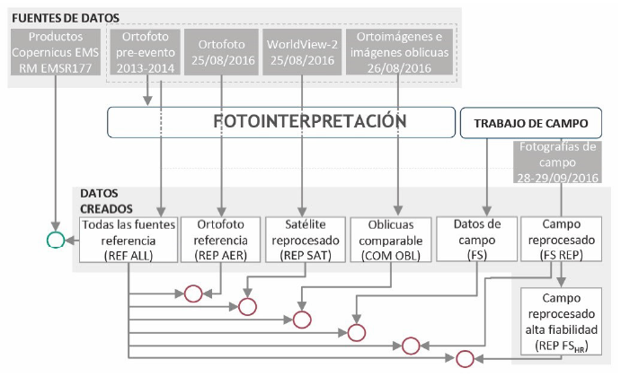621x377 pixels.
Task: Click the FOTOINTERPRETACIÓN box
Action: pyautogui.click(x=278, y=121)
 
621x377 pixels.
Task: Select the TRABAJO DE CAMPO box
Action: pyautogui.click(x=530, y=123)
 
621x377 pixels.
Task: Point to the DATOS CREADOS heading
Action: pyautogui.click(x=104, y=199)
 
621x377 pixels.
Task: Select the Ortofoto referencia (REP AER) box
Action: pyautogui.click(x=220, y=238)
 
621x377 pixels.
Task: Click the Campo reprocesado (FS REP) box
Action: pyautogui.click(x=563, y=238)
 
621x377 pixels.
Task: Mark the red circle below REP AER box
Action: pyautogui.click(x=193, y=293)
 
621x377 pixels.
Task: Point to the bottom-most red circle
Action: pyautogui.click(x=465, y=359)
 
